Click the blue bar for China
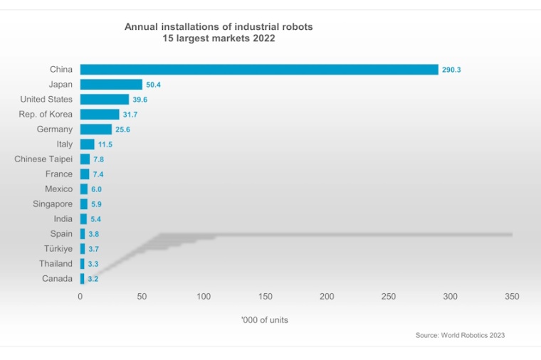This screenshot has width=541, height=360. click(258, 70)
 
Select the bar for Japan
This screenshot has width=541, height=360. click(111, 85)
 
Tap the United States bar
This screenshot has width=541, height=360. click(105, 100)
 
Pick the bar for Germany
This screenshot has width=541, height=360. click(96, 129)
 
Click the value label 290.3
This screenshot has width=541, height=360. click(451, 70)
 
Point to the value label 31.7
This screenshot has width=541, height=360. click(130, 115)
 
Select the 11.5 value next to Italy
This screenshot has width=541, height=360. click(105, 144)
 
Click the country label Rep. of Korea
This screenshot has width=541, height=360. click(46, 115)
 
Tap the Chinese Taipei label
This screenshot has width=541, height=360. click(43, 159)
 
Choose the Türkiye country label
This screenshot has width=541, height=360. click(56, 249)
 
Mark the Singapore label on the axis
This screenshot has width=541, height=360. click(52, 204)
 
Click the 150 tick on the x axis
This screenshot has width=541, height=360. click(266, 296)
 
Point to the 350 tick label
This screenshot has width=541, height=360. click(512, 296)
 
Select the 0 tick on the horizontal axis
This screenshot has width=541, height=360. click(80, 296)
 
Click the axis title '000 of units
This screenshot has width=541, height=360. click(265, 320)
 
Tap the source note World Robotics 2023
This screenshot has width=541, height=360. click(460, 335)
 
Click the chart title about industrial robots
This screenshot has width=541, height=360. click(219, 33)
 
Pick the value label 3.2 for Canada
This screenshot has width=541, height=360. click(93, 279)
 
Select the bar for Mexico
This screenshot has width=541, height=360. click(84, 189)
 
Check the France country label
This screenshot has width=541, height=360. click(58, 174)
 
